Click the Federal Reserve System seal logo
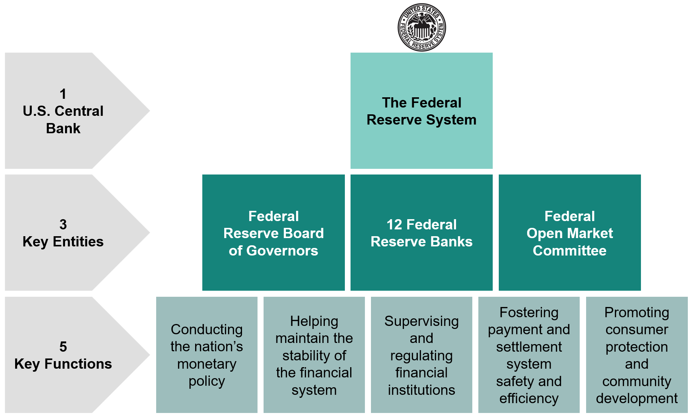point(422,27)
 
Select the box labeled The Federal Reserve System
point(422,111)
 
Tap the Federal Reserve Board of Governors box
point(273,232)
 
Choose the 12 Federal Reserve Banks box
point(422,232)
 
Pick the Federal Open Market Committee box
point(570,232)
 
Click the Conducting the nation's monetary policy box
point(207,355)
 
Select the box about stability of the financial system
point(314,355)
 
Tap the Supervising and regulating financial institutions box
point(422,355)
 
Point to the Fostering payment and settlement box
point(529,355)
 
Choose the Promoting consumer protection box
point(637,355)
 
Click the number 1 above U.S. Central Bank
point(63,94)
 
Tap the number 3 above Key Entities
point(63,224)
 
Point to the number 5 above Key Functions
point(63,347)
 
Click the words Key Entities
point(63,241)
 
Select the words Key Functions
point(63,364)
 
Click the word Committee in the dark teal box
point(570,251)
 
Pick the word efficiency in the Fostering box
point(529,399)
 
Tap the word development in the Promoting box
point(637,399)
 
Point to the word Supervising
point(422,321)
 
